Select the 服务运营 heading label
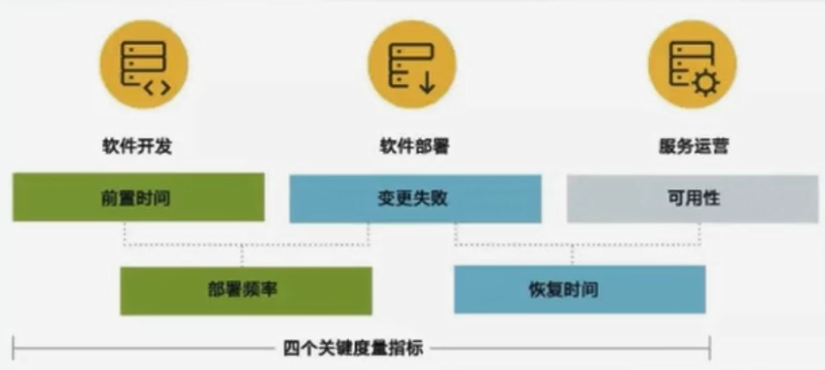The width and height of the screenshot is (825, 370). click(693, 147)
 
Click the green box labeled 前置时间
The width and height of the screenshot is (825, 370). click(138, 197)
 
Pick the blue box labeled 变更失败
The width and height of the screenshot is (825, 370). click(415, 199)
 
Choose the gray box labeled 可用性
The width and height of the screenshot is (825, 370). click(692, 199)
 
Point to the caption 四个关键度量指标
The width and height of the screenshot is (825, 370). click(353, 349)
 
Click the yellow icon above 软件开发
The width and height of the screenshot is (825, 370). click(144, 65)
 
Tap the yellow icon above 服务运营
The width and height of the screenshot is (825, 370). click(693, 65)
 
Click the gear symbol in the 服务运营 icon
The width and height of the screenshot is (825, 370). click(705, 84)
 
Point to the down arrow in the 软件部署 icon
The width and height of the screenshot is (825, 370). click(426, 83)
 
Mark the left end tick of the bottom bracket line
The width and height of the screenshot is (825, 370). click(13, 349)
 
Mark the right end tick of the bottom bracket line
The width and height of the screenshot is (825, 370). click(709, 349)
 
